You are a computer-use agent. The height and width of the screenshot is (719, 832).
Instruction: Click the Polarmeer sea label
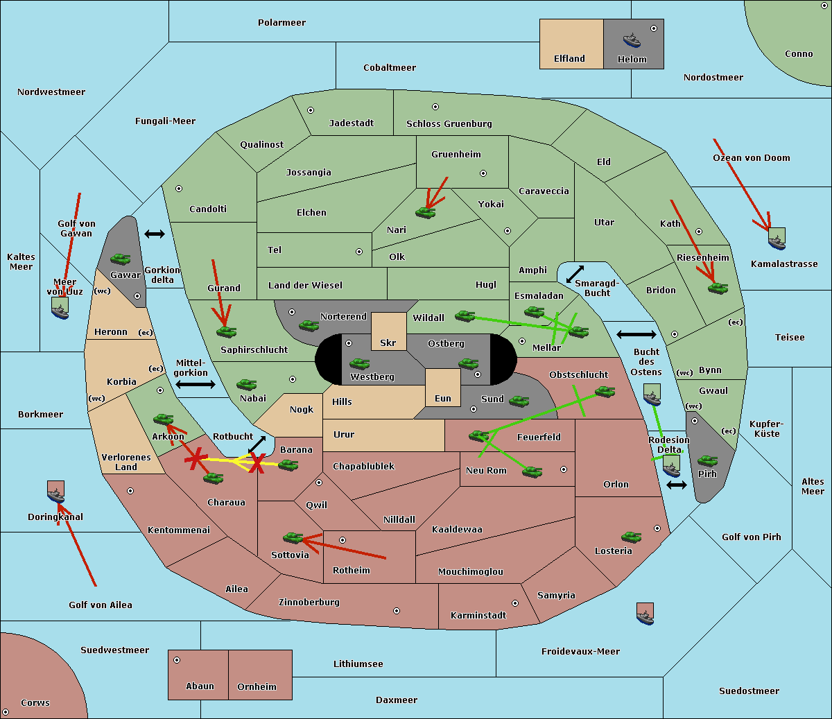click(x=281, y=23)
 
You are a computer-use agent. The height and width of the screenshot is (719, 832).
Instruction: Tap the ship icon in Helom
click(x=632, y=40)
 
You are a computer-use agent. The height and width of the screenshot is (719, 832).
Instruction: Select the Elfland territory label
click(x=569, y=59)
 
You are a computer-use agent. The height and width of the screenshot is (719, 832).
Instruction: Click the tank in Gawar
click(x=120, y=259)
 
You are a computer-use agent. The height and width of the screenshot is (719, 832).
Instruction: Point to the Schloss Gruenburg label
click(x=449, y=124)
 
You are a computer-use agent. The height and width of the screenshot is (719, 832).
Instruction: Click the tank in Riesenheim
click(x=718, y=288)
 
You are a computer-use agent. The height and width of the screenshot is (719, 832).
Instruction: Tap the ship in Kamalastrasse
click(x=777, y=240)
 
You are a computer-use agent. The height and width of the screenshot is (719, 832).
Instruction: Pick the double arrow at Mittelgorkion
click(x=196, y=384)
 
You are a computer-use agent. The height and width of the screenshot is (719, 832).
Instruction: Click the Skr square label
click(x=388, y=343)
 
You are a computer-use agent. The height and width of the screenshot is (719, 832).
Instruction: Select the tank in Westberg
click(x=359, y=363)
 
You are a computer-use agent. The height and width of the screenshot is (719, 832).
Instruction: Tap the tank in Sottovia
click(x=293, y=537)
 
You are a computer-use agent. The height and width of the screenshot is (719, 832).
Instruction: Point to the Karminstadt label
click(x=478, y=616)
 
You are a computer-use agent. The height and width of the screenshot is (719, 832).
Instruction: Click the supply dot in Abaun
click(x=177, y=660)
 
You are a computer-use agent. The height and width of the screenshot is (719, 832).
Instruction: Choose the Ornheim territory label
click(x=257, y=687)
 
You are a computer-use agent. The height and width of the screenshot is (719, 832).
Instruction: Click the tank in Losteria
click(x=631, y=537)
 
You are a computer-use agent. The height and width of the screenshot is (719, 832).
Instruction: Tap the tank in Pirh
click(x=707, y=460)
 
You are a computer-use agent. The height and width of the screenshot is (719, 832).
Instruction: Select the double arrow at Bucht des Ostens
click(x=636, y=335)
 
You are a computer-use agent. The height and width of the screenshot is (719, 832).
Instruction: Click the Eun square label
click(x=443, y=399)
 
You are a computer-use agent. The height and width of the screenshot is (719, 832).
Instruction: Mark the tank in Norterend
click(x=309, y=325)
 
